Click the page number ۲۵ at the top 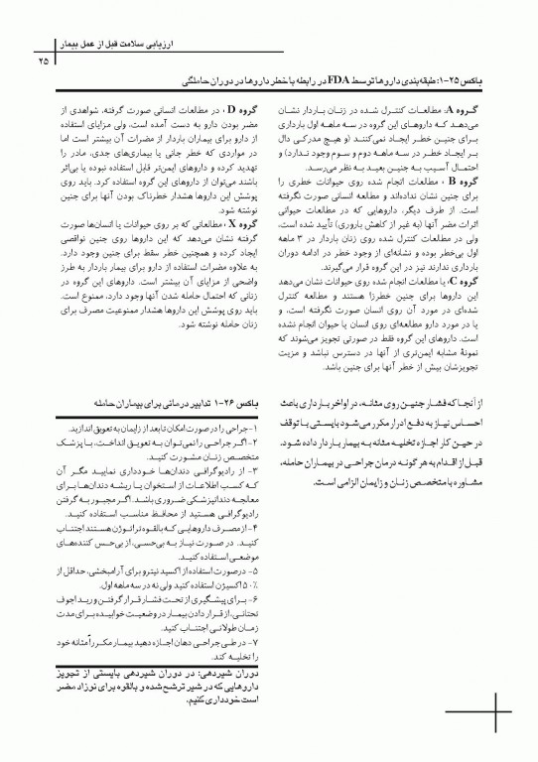click(44, 62)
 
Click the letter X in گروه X click(230, 225)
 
